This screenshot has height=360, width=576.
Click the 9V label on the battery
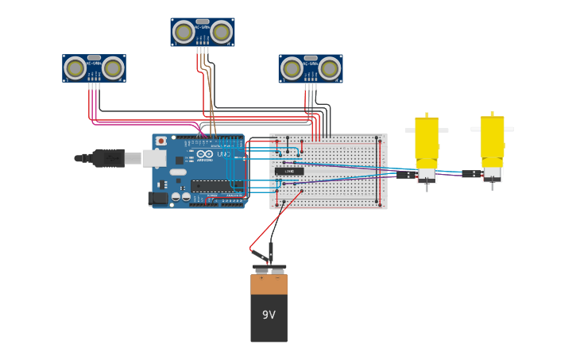click(269, 315)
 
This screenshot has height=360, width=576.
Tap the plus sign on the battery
click(261, 278)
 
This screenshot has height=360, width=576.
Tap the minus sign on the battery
click(278, 278)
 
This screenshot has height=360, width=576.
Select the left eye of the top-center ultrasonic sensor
click(184, 32)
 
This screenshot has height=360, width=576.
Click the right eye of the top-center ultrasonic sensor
click(221, 32)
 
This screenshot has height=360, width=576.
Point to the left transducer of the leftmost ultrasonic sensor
click(75, 68)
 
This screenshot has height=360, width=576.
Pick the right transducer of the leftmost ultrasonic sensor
click(113, 68)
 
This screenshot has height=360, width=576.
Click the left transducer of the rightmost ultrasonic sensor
click(292, 68)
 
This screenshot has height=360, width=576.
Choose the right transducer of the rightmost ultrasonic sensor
click(330, 68)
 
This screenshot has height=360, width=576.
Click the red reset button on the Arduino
click(161, 141)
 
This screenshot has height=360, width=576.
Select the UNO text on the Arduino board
click(223, 153)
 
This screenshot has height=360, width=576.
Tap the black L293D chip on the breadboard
click(289, 171)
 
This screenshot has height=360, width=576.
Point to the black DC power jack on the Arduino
click(158, 199)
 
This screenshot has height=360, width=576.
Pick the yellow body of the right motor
click(492, 140)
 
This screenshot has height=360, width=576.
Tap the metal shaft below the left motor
click(427, 188)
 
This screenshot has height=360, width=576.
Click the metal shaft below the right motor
click(492, 186)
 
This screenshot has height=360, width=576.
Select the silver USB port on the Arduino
click(154, 158)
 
